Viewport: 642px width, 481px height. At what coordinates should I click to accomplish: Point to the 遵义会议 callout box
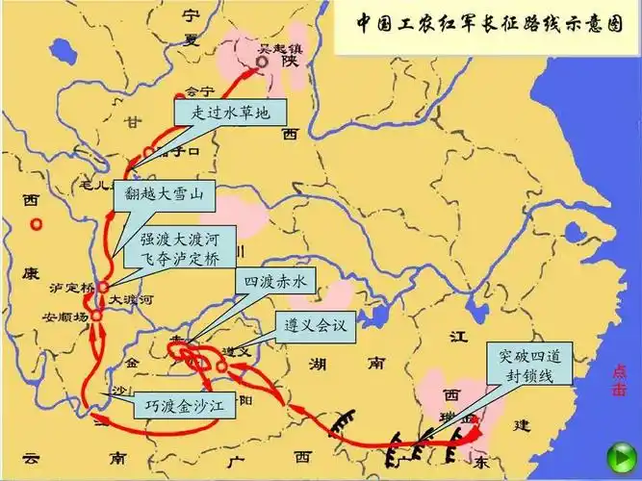pyautogui.click(x=316, y=325)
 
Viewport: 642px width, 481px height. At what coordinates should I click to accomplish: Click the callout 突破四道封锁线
pyautogui.click(x=530, y=366)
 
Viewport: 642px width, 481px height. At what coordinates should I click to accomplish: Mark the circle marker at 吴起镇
pyautogui.click(x=263, y=63)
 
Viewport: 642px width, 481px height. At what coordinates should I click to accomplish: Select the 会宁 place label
pyautogui.click(x=197, y=92)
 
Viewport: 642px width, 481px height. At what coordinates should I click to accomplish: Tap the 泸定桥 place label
pyautogui.click(x=73, y=288)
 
